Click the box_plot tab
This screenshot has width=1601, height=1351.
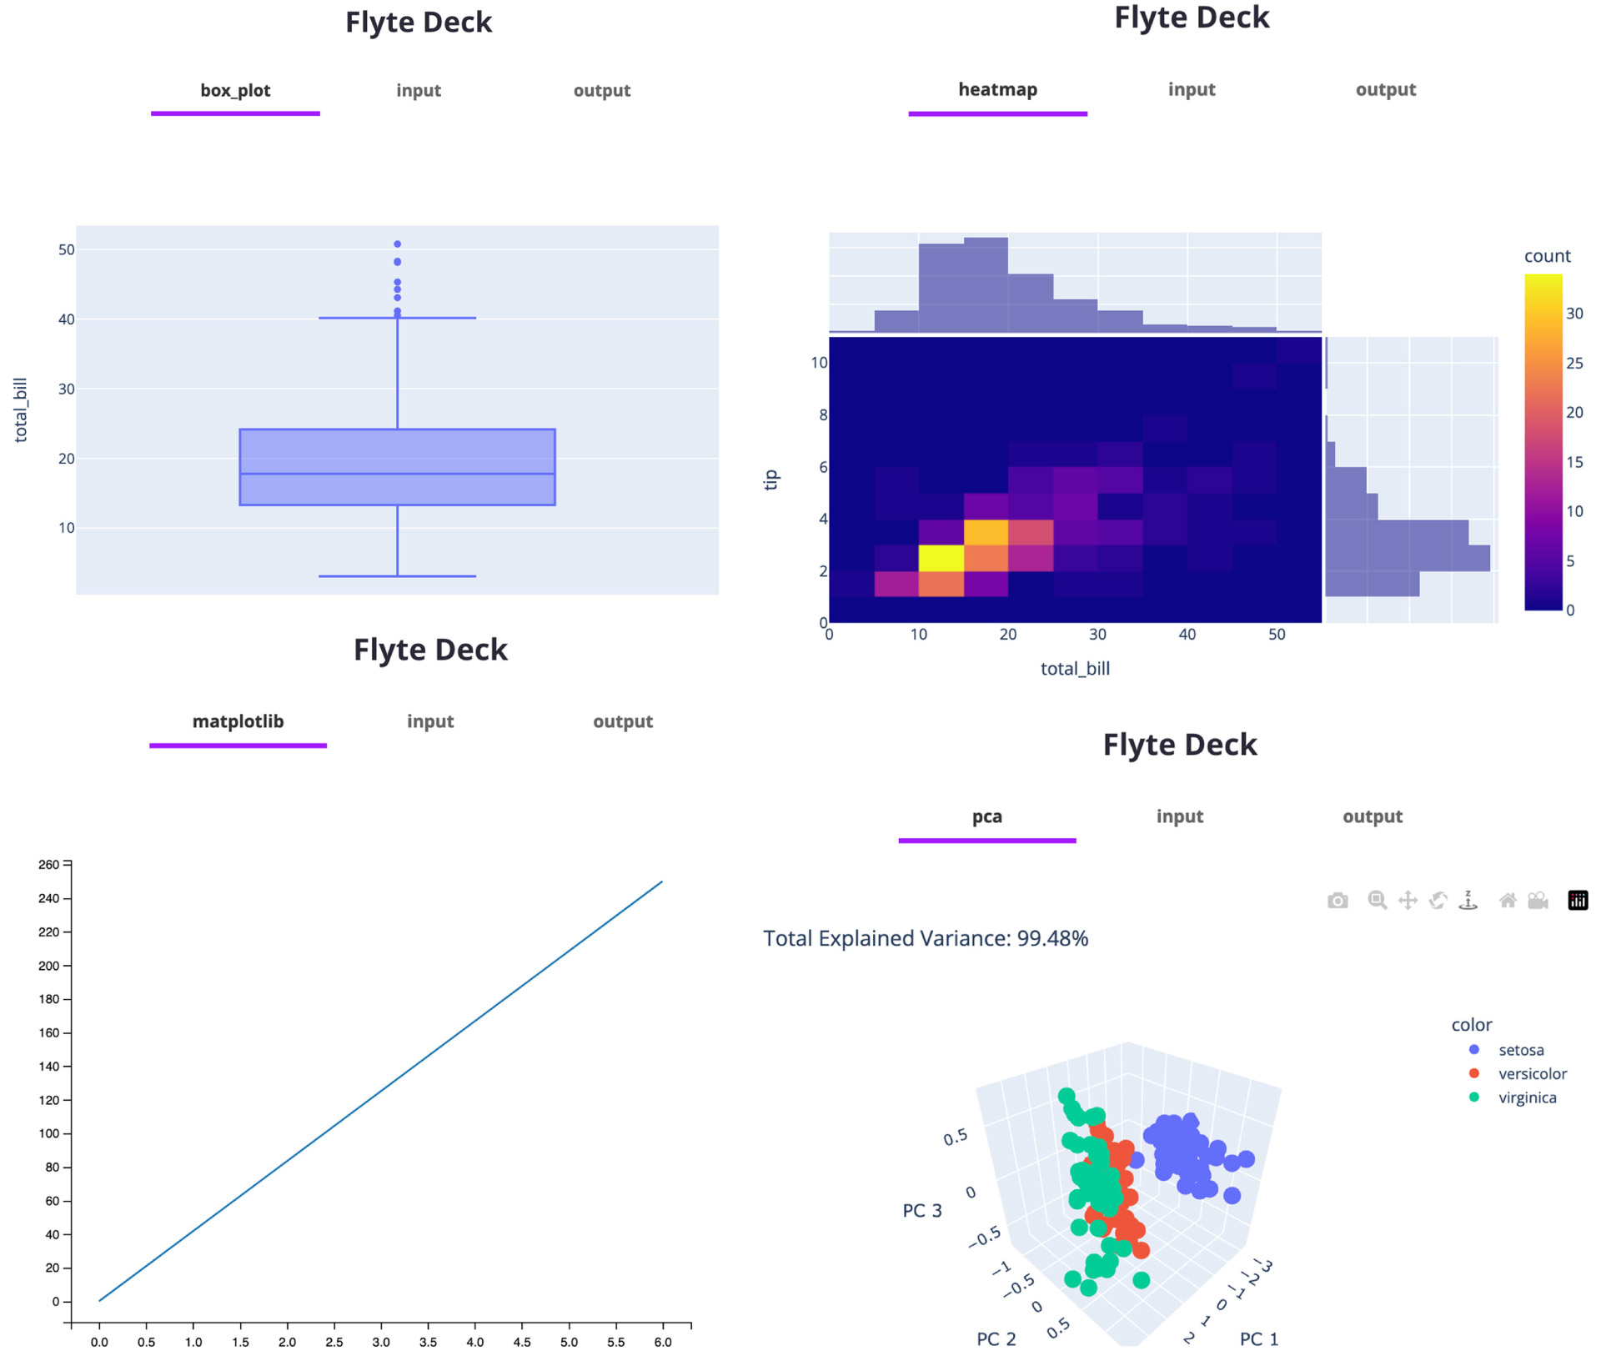(x=235, y=91)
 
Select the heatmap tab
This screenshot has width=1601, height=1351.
(x=997, y=90)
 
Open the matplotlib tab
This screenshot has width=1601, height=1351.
(x=238, y=721)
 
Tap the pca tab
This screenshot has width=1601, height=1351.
(x=986, y=816)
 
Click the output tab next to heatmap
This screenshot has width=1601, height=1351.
(x=1385, y=90)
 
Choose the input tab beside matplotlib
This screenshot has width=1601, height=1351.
(x=430, y=721)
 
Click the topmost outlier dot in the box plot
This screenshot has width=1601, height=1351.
(x=398, y=244)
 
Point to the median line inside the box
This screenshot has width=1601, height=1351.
(x=398, y=474)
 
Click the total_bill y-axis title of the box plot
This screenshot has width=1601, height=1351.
(x=21, y=409)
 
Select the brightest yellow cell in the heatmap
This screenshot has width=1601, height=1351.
(x=941, y=558)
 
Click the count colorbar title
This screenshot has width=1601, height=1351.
(x=1547, y=256)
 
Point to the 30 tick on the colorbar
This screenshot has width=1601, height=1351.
(x=1574, y=314)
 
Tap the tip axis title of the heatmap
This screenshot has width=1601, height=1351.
(x=771, y=479)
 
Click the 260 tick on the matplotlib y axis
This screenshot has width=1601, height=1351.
(x=49, y=865)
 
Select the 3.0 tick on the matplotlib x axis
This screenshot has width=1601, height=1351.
(x=381, y=1342)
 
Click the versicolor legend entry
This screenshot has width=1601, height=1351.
(x=1532, y=1074)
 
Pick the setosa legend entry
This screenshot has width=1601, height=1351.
(x=1520, y=1050)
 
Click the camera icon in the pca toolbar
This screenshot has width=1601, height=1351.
(x=1338, y=901)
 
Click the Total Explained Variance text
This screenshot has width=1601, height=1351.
(x=926, y=939)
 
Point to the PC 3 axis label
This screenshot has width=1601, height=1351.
(x=922, y=1210)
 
